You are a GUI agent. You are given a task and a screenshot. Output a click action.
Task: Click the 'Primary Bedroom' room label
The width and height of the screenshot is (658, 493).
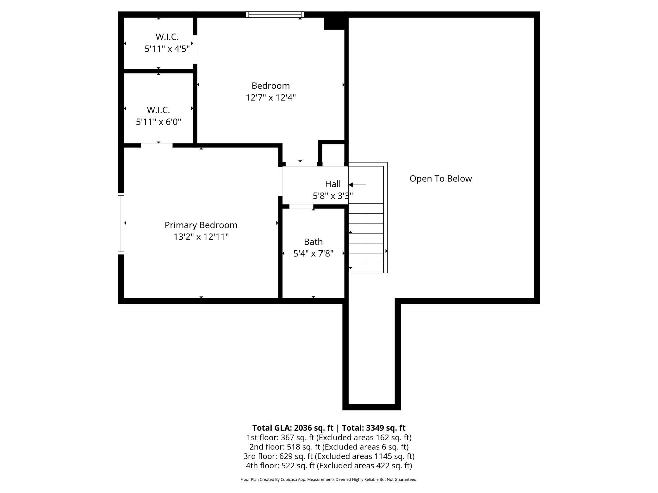(201, 225)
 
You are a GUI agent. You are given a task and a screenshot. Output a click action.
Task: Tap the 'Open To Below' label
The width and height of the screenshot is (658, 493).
(441, 179)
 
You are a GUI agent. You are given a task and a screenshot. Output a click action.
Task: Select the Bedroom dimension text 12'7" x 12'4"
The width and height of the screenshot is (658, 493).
(271, 97)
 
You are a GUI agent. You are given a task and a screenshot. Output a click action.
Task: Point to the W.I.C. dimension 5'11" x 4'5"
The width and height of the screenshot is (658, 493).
(167, 49)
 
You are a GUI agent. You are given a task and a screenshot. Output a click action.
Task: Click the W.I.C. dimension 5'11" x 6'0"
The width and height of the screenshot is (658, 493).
(158, 122)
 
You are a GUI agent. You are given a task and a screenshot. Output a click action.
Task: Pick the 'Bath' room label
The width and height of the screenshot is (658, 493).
(313, 242)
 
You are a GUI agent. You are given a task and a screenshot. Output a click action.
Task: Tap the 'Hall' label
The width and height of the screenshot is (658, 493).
(333, 184)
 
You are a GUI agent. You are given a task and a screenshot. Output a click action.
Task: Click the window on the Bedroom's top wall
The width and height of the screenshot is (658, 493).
(275, 15)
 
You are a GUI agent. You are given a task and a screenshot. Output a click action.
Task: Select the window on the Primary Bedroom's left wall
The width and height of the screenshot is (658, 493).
(121, 223)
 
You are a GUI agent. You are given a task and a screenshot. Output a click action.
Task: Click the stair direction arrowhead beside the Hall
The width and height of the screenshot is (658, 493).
(350, 185)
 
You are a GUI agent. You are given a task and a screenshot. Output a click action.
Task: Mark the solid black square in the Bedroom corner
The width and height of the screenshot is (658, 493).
(334, 23)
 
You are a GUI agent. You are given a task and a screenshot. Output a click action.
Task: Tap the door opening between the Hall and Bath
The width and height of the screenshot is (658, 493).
(301, 206)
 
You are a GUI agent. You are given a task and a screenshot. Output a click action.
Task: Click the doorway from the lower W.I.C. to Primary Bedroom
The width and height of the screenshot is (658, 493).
(157, 145)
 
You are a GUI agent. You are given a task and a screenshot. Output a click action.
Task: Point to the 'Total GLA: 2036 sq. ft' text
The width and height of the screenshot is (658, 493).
(293, 428)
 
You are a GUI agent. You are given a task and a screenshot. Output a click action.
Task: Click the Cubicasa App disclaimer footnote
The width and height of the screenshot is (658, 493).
(329, 479)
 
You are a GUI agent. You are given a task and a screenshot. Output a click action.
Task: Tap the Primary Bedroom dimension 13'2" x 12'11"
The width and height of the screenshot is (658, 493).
(201, 237)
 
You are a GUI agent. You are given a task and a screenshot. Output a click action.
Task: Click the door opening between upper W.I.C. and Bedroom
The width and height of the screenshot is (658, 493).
(195, 50)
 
